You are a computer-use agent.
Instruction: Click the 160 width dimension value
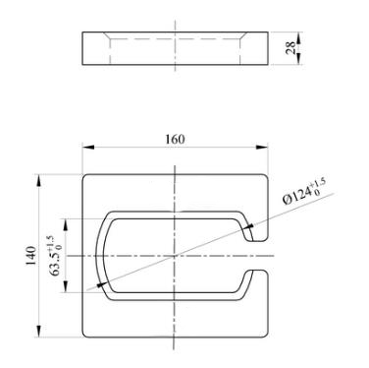(175, 139)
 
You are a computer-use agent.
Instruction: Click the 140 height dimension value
(31, 256)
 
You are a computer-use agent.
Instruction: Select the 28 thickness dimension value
(290, 48)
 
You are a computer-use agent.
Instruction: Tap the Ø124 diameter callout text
(296, 197)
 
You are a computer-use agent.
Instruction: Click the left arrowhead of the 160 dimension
(88, 148)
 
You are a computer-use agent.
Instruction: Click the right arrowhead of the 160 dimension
(262, 148)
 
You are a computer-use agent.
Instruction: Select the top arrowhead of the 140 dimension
(39, 181)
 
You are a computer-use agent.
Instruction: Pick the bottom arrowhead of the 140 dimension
(39, 332)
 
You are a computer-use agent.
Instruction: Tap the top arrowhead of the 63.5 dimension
(66, 225)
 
